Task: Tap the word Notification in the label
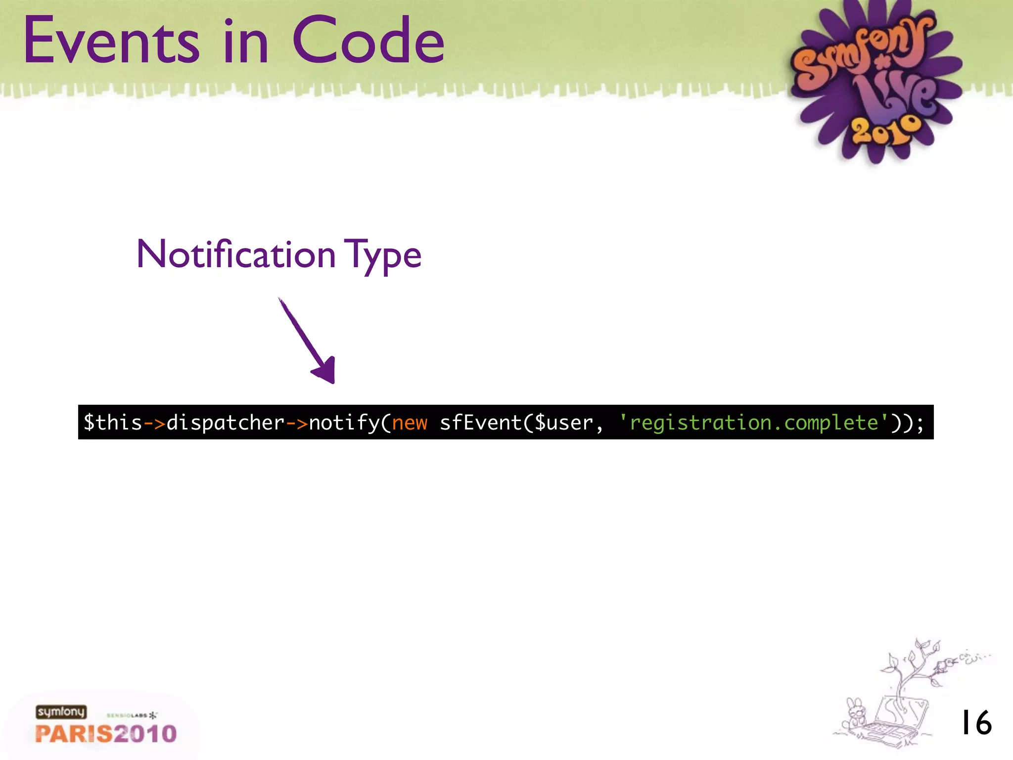[236, 254]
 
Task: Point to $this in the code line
[113, 423]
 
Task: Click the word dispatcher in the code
[226, 423]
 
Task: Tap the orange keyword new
[410, 423]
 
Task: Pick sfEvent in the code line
[480, 423]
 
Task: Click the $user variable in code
[563, 423]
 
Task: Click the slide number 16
[976, 723]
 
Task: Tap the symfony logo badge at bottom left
[61, 712]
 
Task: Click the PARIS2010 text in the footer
[106, 734]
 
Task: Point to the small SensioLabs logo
[132, 715]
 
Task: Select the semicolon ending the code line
[920, 424]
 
